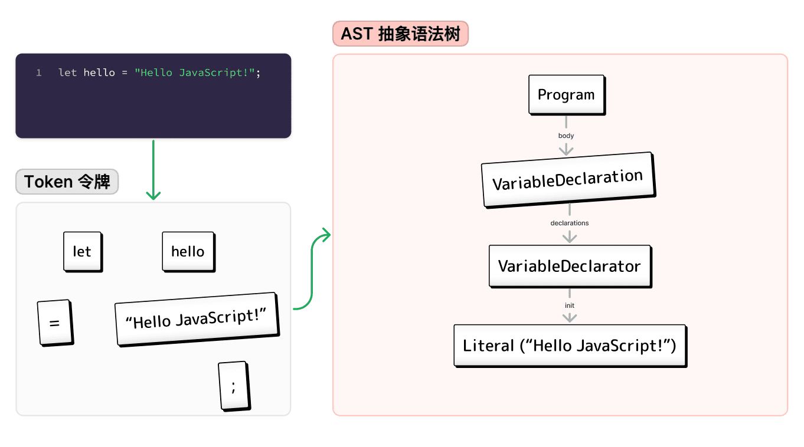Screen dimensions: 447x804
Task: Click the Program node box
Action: tap(566, 94)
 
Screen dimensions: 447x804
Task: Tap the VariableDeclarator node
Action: tap(570, 266)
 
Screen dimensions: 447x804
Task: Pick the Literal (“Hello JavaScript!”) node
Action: tap(570, 346)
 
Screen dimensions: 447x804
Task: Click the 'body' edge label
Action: tap(566, 136)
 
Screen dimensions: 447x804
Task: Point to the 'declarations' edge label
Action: tap(570, 223)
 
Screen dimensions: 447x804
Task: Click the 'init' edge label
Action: tap(570, 305)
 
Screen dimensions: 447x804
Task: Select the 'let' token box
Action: tap(82, 252)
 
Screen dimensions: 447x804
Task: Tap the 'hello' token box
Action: tap(188, 252)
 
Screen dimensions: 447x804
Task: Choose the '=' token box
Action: tap(55, 323)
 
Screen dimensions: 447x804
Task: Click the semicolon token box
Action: tap(233, 386)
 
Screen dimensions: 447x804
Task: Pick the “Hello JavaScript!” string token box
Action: tap(196, 319)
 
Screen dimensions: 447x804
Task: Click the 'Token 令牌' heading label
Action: tap(67, 182)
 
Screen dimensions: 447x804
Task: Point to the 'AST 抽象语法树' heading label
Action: tap(400, 34)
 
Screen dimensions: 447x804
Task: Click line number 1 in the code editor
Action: tap(38, 73)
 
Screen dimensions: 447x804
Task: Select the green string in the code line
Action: tap(195, 73)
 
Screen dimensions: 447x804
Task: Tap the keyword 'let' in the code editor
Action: tap(67, 73)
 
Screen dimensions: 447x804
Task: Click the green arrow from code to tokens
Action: tap(153, 171)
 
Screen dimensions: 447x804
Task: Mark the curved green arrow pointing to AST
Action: tap(312, 271)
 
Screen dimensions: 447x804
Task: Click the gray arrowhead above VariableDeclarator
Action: tap(570, 238)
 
